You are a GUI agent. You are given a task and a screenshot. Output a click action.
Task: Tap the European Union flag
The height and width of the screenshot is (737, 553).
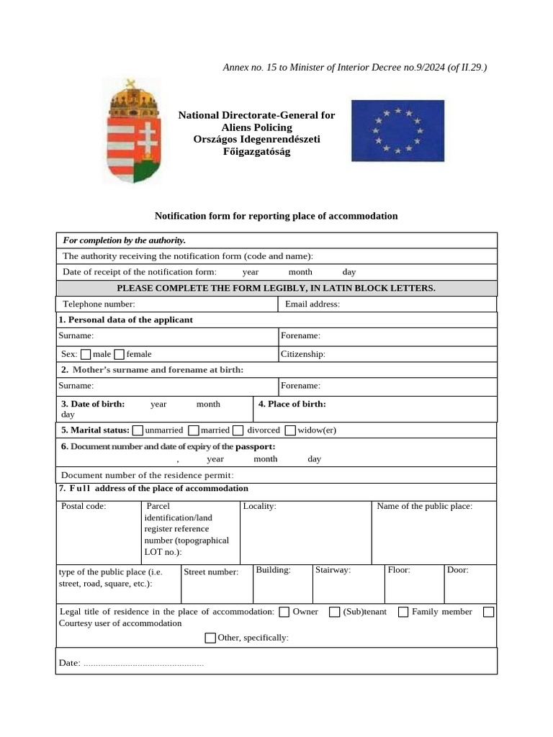point(397,130)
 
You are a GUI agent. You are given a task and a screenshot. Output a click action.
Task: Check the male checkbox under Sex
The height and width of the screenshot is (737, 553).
point(86,354)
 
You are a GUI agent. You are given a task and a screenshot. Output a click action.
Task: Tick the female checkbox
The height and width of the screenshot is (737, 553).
point(120,354)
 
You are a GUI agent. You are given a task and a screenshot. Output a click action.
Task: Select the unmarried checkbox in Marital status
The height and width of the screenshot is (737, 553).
point(138,430)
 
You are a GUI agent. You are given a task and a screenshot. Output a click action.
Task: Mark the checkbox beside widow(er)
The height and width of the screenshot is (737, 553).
point(290,430)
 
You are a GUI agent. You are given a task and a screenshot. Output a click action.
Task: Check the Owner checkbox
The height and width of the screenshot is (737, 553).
point(284,612)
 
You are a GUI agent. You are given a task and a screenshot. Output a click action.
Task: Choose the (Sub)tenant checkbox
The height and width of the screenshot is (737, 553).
point(335,612)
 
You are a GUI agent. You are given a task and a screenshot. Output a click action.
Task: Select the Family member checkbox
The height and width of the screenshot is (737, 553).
point(403,612)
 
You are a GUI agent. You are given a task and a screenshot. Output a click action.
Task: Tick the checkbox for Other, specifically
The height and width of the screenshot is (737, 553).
point(210,638)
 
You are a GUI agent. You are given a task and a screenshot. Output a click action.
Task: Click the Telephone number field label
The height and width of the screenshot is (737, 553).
point(99,304)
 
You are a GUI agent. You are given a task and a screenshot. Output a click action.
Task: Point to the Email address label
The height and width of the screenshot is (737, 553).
point(313,304)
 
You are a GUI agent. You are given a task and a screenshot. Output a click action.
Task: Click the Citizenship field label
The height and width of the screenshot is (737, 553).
point(302,354)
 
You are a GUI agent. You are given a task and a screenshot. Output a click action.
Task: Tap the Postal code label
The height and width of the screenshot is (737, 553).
point(84,506)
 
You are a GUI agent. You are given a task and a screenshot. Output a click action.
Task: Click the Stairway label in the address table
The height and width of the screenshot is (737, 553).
point(333,570)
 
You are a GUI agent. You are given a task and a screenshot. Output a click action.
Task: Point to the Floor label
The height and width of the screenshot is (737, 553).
point(399,570)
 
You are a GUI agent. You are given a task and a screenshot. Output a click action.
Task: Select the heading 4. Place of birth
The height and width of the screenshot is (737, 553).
point(292,404)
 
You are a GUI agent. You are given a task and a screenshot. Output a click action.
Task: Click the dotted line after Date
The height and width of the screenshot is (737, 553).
point(144,663)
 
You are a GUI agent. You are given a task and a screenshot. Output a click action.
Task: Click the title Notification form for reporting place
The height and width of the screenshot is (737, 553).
point(276,216)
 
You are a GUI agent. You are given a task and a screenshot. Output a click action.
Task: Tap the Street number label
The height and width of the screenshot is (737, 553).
point(211,572)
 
